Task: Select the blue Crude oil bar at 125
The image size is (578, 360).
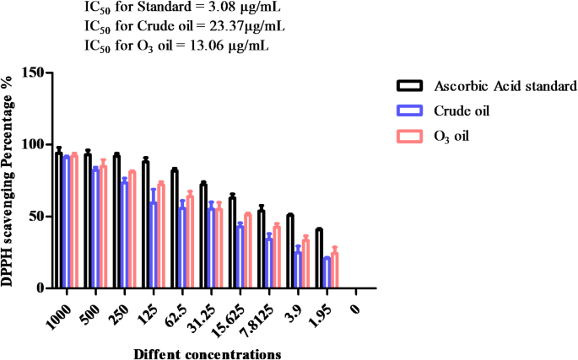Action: [x=154, y=245]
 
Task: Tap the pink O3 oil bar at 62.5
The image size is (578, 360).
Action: [x=190, y=242]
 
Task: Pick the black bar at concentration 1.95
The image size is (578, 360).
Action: [x=319, y=259]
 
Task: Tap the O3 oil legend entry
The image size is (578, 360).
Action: [x=456, y=135]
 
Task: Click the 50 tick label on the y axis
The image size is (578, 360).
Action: [x=35, y=217]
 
